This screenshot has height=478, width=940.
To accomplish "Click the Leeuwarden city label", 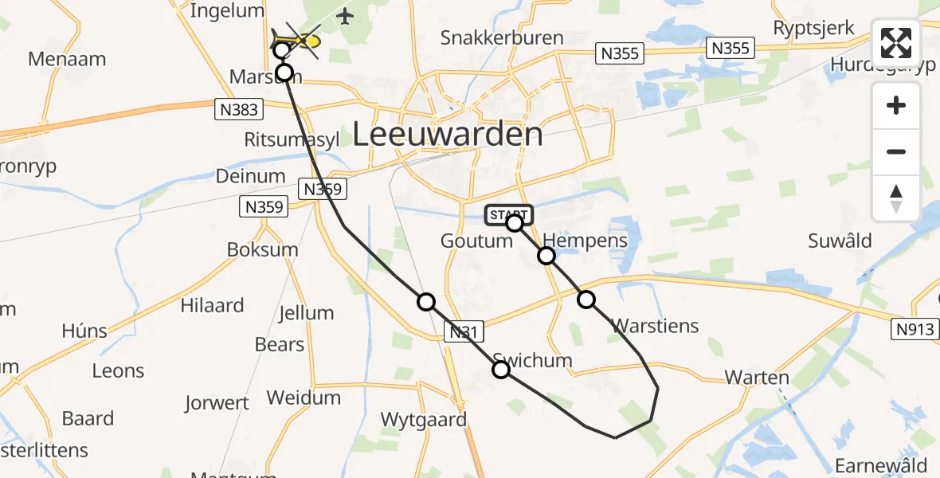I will [448, 134].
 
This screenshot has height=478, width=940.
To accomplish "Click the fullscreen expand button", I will [896, 43].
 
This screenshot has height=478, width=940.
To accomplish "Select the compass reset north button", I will [896, 198].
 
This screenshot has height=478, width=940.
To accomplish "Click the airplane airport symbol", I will [344, 16].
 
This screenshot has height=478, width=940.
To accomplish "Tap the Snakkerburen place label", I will [502, 37].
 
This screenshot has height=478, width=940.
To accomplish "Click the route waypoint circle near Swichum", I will [501, 370].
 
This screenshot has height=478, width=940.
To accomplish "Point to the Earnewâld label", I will [880, 465].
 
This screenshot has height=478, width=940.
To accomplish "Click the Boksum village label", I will [263, 249].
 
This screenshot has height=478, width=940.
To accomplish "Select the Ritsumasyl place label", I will [292, 139].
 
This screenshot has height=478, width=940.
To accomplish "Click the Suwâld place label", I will [840, 241].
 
